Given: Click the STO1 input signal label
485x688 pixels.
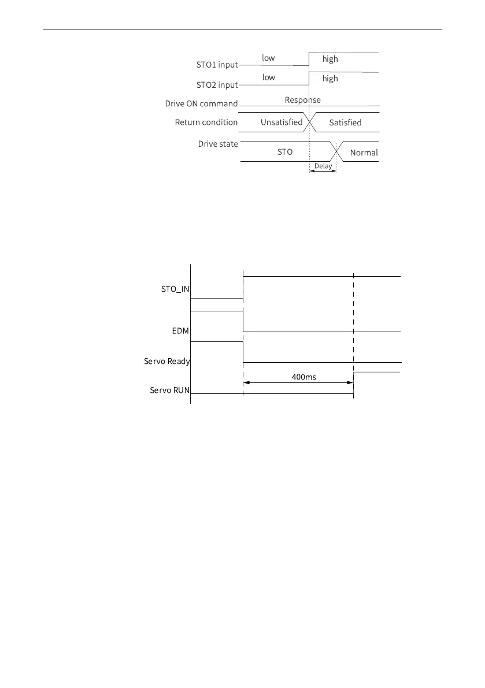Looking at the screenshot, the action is coord(217,65).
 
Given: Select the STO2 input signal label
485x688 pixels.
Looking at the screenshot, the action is coord(217,85).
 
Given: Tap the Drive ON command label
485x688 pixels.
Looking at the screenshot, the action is coord(201,103).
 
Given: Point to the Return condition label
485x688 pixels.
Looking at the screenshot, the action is coord(206,122).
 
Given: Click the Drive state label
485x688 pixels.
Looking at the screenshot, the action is coord(218,144).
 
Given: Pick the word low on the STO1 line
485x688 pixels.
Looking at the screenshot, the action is coord(268,58).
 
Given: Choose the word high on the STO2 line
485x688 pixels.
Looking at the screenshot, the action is coord(330,79).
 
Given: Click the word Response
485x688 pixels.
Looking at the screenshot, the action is coord(302,100).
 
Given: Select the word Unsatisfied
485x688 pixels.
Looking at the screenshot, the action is coord(282,122).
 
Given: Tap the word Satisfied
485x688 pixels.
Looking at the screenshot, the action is coord(346,122).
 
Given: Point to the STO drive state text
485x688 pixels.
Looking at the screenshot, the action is coord(285,152).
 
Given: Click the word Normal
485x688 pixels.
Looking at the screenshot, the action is coord(364,153).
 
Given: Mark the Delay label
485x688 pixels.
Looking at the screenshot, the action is coord(323,166).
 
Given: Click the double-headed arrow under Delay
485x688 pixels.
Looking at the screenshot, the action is coord(323,170).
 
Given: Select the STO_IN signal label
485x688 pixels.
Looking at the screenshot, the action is coord(175,289).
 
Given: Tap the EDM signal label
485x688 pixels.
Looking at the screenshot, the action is coord(180,331).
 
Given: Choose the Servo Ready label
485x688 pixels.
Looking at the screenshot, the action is coord(167,361).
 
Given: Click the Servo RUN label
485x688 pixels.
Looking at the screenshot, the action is coord(170,390).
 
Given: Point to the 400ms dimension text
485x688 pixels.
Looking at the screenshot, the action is coord(303,377).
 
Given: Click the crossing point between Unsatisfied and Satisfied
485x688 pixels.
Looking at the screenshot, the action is coord(310,122).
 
